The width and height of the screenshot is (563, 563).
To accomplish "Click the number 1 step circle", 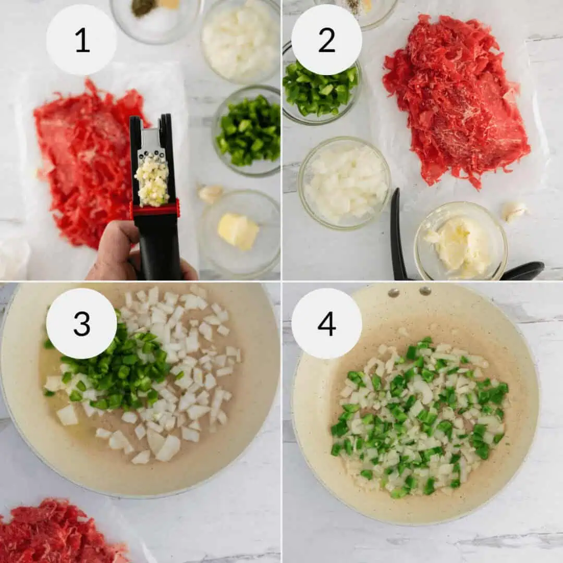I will click(x=81, y=40).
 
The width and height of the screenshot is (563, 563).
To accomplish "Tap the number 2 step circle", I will click(x=326, y=40).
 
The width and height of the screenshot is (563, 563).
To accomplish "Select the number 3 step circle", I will click(x=81, y=324).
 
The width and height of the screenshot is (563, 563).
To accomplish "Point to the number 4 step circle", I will click(x=326, y=324).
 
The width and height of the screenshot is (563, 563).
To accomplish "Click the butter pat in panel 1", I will click(x=238, y=230).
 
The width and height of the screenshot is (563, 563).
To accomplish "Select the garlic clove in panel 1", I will click(x=211, y=193).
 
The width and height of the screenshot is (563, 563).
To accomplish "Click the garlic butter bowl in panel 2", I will click(x=460, y=241).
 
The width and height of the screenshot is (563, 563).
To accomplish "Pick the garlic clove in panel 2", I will click(x=514, y=212).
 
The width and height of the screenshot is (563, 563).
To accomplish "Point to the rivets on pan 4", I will click(x=410, y=291).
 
